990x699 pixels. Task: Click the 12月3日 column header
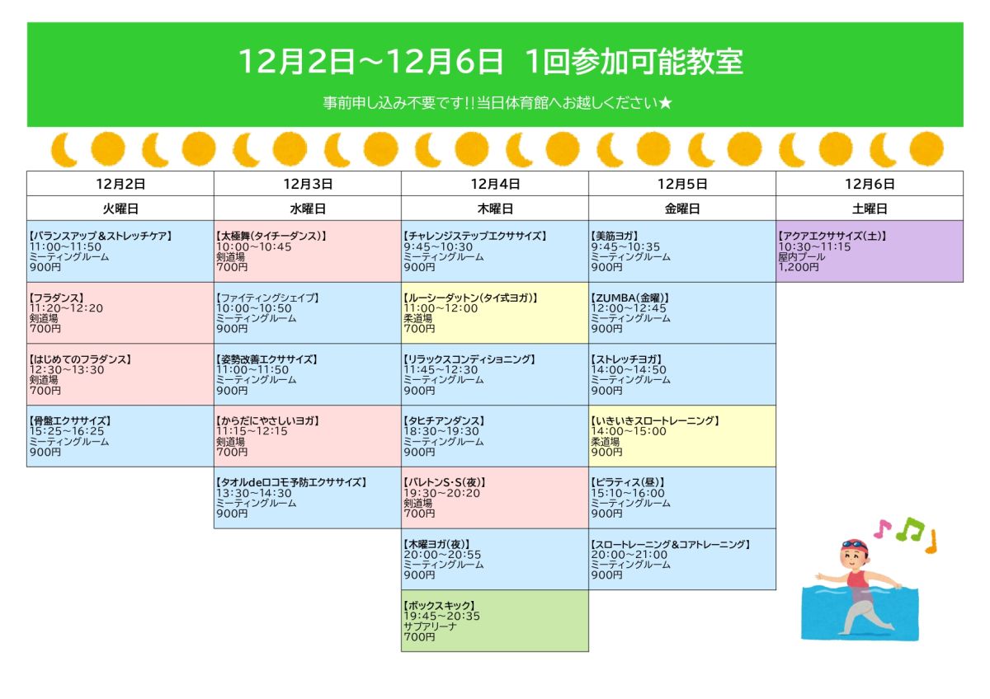pyautogui.click(x=308, y=184)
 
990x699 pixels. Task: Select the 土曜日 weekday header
pyautogui.click(x=870, y=209)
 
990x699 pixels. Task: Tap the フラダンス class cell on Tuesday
pyautogui.click(x=120, y=313)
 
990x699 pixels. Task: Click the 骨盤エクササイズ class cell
pyautogui.click(x=120, y=436)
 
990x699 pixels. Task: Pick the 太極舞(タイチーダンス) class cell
pyautogui.click(x=308, y=251)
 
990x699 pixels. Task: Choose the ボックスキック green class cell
pyautogui.click(x=495, y=621)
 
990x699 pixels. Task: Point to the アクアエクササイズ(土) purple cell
pyautogui.click(x=870, y=251)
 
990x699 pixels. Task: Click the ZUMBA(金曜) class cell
pyautogui.click(x=682, y=313)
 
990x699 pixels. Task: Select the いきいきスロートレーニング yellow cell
pyautogui.click(x=682, y=436)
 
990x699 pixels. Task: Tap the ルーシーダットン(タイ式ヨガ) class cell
pyautogui.click(x=495, y=313)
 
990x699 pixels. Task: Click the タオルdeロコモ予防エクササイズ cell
pyautogui.click(x=308, y=498)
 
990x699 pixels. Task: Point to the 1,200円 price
pyautogui.click(x=799, y=267)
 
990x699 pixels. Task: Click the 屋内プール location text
pyautogui.click(x=802, y=257)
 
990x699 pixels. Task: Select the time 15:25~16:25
pyautogui.click(x=67, y=431)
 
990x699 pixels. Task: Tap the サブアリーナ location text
pyautogui.click(x=430, y=626)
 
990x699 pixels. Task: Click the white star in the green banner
pyautogui.click(x=665, y=103)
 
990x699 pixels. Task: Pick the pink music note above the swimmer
pyautogui.click(x=883, y=528)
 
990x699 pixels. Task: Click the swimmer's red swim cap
pyautogui.click(x=856, y=546)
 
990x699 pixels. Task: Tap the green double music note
pyautogui.click(x=910, y=529)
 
